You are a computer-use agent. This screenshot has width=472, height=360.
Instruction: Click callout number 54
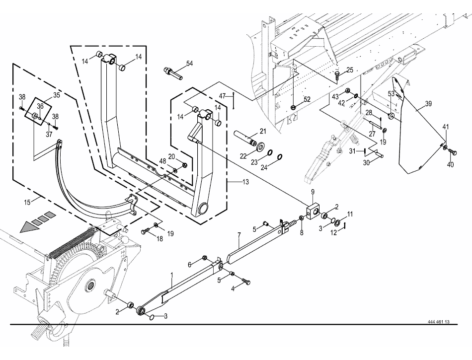pyautogui.click(x=189, y=64)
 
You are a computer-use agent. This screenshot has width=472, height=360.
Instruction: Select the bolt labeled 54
pyautogui.click(x=173, y=73)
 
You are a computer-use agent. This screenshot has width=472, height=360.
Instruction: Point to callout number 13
pyautogui.click(x=245, y=182)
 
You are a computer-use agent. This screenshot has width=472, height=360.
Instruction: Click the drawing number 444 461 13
pyautogui.click(x=438, y=321)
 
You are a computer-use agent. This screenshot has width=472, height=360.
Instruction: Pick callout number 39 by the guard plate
pyautogui.click(x=428, y=103)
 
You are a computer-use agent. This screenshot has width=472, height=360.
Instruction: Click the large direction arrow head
pyautogui.click(x=29, y=227)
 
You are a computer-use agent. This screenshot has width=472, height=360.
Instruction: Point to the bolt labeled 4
pyautogui.click(x=246, y=282)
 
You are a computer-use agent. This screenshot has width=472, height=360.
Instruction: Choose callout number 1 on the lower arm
pyautogui.click(x=172, y=275)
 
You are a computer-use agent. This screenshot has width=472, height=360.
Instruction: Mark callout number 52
pyautogui.click(x=307, y=99)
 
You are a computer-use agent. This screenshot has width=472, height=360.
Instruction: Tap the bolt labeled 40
pyautogui.click(x=453, y=152)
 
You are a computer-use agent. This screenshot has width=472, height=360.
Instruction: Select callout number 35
pyautogui.click(x=57, y=95)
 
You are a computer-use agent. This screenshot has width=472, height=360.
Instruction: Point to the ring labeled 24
pyautogui.click(x=279, y=156)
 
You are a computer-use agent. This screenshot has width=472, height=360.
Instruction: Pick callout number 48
pyautogui.click(x=162, y=161)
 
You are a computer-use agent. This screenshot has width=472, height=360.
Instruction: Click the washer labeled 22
pyautogui.click(x=260, y=147)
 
